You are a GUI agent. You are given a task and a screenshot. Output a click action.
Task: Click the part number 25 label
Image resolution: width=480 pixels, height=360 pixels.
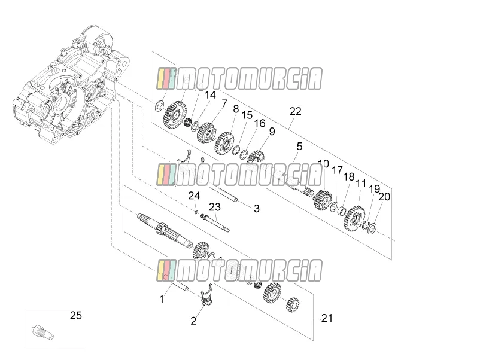point(76,315)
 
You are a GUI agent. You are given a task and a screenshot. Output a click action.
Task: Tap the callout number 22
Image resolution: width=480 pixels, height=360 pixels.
point(296,111)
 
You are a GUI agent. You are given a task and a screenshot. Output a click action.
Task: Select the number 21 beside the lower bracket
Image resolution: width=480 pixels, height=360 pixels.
point(327,318)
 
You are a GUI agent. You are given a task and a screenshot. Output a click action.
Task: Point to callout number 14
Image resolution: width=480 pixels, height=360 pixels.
point(210,95)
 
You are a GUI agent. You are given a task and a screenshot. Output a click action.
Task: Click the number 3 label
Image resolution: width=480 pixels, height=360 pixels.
point(257,209)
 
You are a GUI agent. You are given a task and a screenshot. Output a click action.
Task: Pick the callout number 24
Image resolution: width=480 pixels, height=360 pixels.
point(194,196)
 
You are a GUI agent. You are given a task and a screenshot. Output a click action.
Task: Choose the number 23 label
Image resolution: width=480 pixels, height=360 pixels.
point(215,207)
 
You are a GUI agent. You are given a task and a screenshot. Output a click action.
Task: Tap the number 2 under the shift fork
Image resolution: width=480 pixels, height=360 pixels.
point(193,321)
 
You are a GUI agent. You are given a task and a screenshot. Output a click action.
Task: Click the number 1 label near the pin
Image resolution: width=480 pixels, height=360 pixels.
point(162,299)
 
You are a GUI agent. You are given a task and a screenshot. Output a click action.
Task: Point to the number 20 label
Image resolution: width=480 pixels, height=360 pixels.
point(384,197)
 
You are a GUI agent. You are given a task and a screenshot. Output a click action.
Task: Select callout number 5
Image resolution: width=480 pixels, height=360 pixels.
point(299,146)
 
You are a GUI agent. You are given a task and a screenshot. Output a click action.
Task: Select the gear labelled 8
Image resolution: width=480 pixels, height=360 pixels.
point(225,143)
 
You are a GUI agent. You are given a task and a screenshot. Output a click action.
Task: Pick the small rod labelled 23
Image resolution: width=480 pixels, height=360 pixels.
point(215,223)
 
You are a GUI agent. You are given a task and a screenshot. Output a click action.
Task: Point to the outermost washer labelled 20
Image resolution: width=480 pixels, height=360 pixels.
point(372,228)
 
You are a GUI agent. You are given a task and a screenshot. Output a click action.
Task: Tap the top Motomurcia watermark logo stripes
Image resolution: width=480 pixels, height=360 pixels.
point(166,78)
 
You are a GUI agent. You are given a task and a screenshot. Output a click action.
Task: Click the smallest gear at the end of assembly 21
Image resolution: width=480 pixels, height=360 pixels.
point(293,304)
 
